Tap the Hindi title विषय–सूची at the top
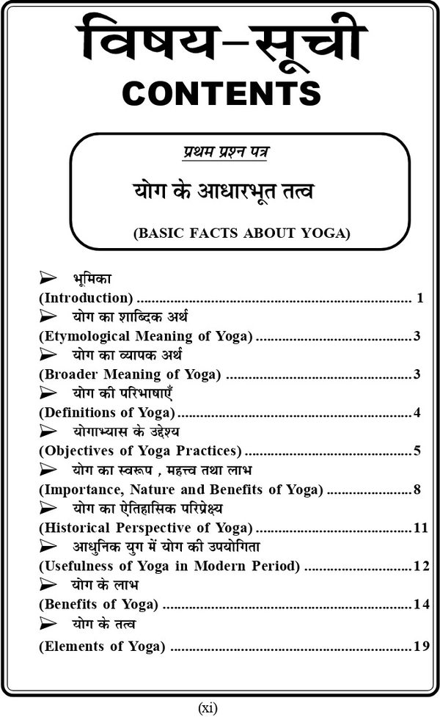point(219,40)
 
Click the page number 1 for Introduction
point(420,298)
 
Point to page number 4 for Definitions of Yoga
point(417,412)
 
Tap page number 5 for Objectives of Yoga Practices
point(417,451)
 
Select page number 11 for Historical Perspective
point(420,528)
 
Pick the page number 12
point(420,566)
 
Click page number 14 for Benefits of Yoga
point(420,604)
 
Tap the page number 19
point(420,647)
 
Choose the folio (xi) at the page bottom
point(208,707)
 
